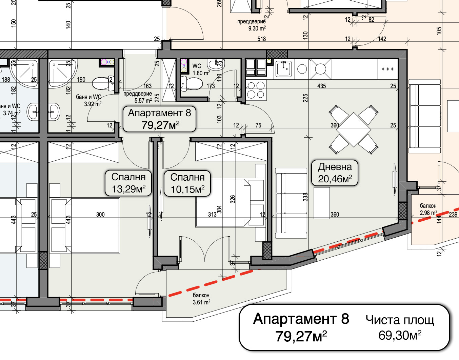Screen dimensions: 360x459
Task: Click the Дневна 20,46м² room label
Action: click(x=335, y=173)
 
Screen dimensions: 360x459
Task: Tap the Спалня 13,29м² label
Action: click(x=128, y=183)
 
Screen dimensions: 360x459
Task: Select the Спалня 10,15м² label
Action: click(x=187, y=183)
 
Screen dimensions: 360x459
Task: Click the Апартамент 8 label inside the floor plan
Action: click(x=159, y=119)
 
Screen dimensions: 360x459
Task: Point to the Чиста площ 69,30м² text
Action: click(x=400, y=327)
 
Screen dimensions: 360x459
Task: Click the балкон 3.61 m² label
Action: click(x=201, y=299)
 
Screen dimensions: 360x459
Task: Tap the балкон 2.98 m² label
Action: click(x=428, y=209)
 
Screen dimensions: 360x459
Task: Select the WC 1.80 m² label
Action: click(x=201, y=69)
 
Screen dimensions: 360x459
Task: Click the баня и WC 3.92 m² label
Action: click(x=88, y=100)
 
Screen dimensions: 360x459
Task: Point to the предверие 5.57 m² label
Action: click(x=138, y=97)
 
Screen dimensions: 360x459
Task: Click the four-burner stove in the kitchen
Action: click(x=256, y=90)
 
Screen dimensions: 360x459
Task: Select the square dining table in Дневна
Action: click(x=354, y=129)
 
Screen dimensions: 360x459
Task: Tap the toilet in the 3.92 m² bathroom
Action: click(x=102, y=83)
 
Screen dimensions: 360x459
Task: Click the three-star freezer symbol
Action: click(x=387, y=69)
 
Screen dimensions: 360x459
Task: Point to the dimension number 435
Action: click(x=321, y=86)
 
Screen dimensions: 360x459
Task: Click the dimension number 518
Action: click(x=261, y=39)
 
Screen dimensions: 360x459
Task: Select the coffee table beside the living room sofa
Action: click(x=322, y=203)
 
